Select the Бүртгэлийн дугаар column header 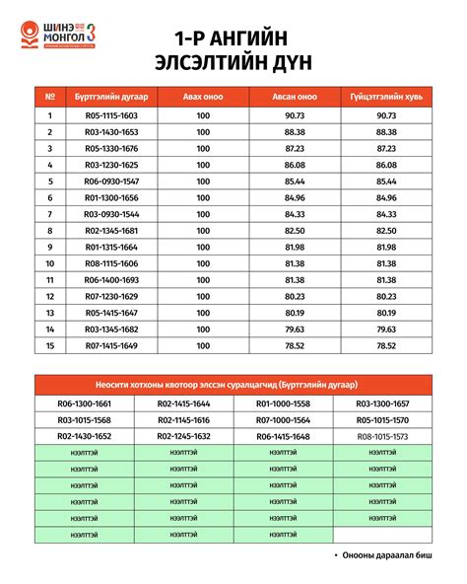click(x=111, y=98)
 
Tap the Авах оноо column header click(x=203, y=98)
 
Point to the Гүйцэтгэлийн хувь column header click(x=386, y=98)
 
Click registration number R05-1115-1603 click(x=111, y=115)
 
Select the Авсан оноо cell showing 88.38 click(x=295, y=132)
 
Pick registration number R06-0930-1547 click(x=111, y=182)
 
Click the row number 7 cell click(x=49, y=214)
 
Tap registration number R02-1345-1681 click(x=111, y=231)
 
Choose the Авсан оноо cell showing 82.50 click(x=295, y=231)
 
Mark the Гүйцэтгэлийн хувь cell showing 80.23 click(x=386, y=296)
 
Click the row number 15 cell click(x=49, y=345)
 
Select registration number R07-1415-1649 click(x=111, y=345)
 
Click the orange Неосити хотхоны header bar click(x=233, y=385)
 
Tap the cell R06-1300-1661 click(x=84, y=403)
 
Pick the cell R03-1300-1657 click(x=382, y=403)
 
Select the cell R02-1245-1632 click(x=183, y=435)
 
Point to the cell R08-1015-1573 click(x=382, y=435)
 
